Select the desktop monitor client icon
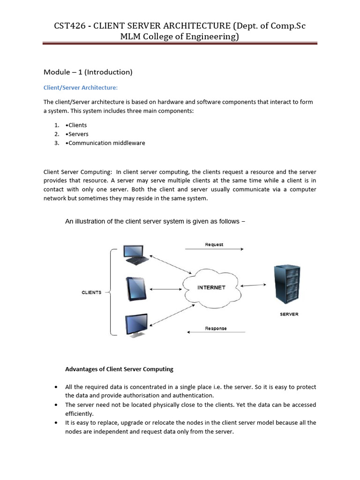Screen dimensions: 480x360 point(136,325)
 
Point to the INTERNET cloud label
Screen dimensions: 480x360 point(211,287)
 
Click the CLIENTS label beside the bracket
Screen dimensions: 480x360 point(91,292)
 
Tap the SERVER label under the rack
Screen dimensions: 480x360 point(289,314)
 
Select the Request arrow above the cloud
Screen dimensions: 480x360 point(214,249)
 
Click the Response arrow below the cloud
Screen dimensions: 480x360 point(216,332)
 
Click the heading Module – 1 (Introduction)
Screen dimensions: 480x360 point(88,72)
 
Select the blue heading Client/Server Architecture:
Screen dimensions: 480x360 point(80,88)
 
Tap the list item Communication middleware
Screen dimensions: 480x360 point(106,143)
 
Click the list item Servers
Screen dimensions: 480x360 point(78,134)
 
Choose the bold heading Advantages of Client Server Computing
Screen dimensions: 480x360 point(119,369)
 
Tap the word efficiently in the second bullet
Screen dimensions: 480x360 point(80,414)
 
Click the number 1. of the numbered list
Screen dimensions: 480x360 point(57,125)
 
